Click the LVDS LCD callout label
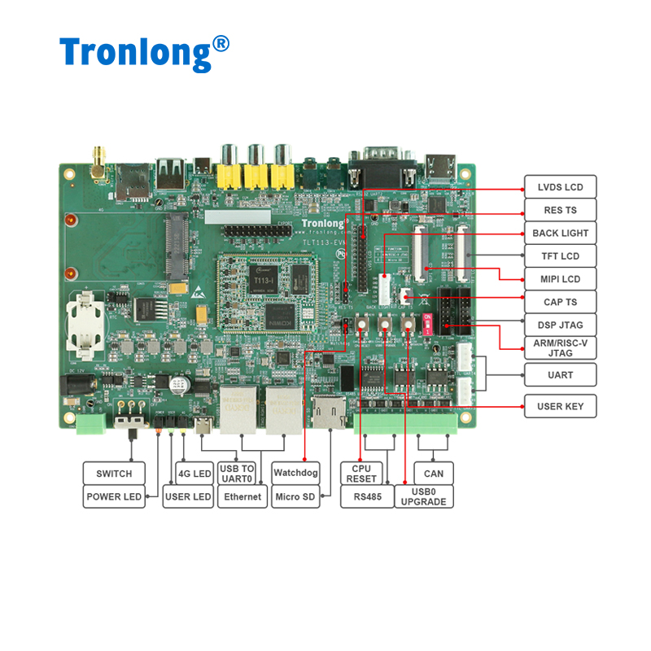pyautogui.click(x=560, y=187)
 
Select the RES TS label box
pyautogui.click(x=560, y=210)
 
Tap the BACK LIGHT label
pyautogui.click(x=560, y=233)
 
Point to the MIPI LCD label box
pyautogui.click(x=560, y=279)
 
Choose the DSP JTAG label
pyautogui.click(x=560, y=325)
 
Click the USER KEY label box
pyautogui.click(x=560, y=406)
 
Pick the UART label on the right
pyautogui.click(x=560, y=375)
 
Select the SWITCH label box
pyautogui.click(x=114, y=474)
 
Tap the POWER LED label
pyautogui.click(x=114, y=496)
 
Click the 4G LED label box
pyautogui.click(x=194, y=474)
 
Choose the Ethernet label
pyautogui.click(x=242, y=496)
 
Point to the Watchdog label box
pyautogui.click(x=295, y=473)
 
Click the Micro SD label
pyautogui.click(x=295, y=496)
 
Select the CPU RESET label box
pyautogui.click(x=361, y=473)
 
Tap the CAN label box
pyautogui.click(x=434, y=473)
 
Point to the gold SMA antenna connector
pyautogui.click(x=98, y=159)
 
